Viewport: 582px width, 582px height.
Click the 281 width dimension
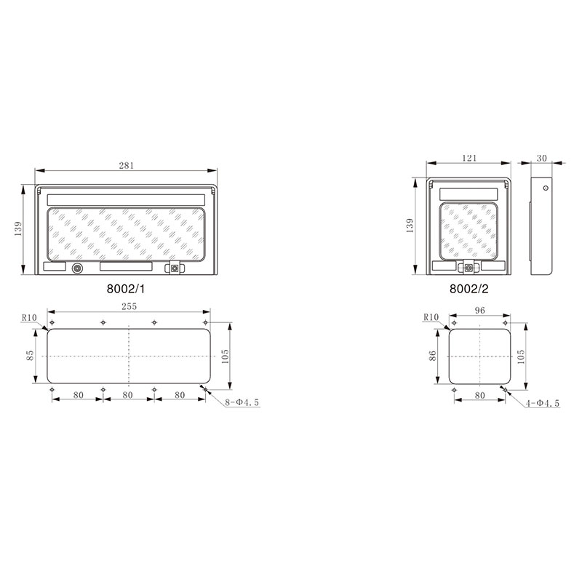[127, 166]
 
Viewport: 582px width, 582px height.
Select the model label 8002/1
[127, 288]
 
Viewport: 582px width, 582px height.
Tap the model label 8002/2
[469, 288]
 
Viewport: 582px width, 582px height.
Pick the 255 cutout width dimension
[128, 306]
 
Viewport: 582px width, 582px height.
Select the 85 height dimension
[30, 356]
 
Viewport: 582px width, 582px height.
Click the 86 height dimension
[432, 356]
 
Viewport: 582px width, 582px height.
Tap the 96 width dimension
[479, 310]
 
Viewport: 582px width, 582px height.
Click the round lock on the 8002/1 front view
[77, 268]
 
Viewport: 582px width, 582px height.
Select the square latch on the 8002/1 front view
[175, 268]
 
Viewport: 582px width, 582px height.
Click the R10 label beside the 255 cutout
[28, 317]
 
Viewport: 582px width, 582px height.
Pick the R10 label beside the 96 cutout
[431, 317]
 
